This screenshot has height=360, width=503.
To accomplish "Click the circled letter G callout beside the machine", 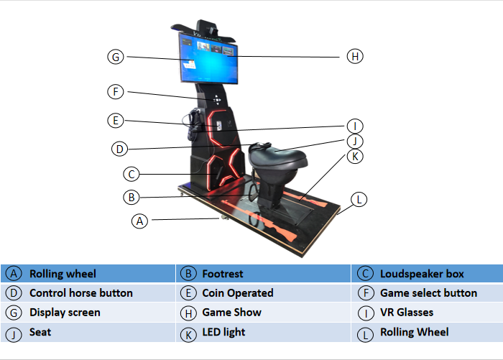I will point(116,56).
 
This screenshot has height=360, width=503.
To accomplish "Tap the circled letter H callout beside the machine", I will point(354,56).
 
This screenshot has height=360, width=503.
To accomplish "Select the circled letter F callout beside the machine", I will point(116,92).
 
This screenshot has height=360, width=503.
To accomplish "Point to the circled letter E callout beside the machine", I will point(116,120).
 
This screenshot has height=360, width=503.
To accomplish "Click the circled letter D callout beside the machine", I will point(120,149).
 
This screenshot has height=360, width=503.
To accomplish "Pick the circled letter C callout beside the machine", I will point(130,173).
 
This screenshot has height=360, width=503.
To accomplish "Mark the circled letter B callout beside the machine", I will point(130,196).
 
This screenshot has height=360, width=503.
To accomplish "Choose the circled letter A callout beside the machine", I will point(140,221).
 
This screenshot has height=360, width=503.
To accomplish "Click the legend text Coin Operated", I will point(237,293).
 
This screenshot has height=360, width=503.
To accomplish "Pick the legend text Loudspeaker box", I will point(422,274).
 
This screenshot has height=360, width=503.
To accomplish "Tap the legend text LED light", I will point(223,332).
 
